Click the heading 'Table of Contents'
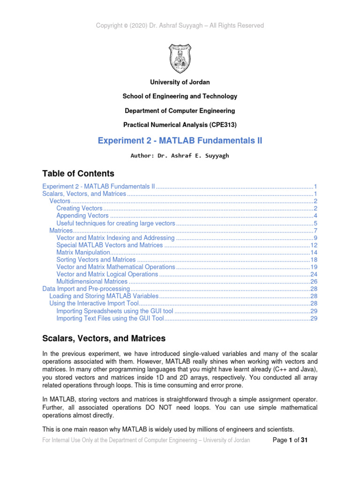pos(78,173)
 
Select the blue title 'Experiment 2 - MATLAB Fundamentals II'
pos(180,141)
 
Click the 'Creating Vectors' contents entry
pos(79,208)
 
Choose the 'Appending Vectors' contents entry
pos(82,216)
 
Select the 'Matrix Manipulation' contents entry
pos(83,252)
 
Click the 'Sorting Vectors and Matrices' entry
pos(96,260)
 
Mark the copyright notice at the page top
pos(180,26)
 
